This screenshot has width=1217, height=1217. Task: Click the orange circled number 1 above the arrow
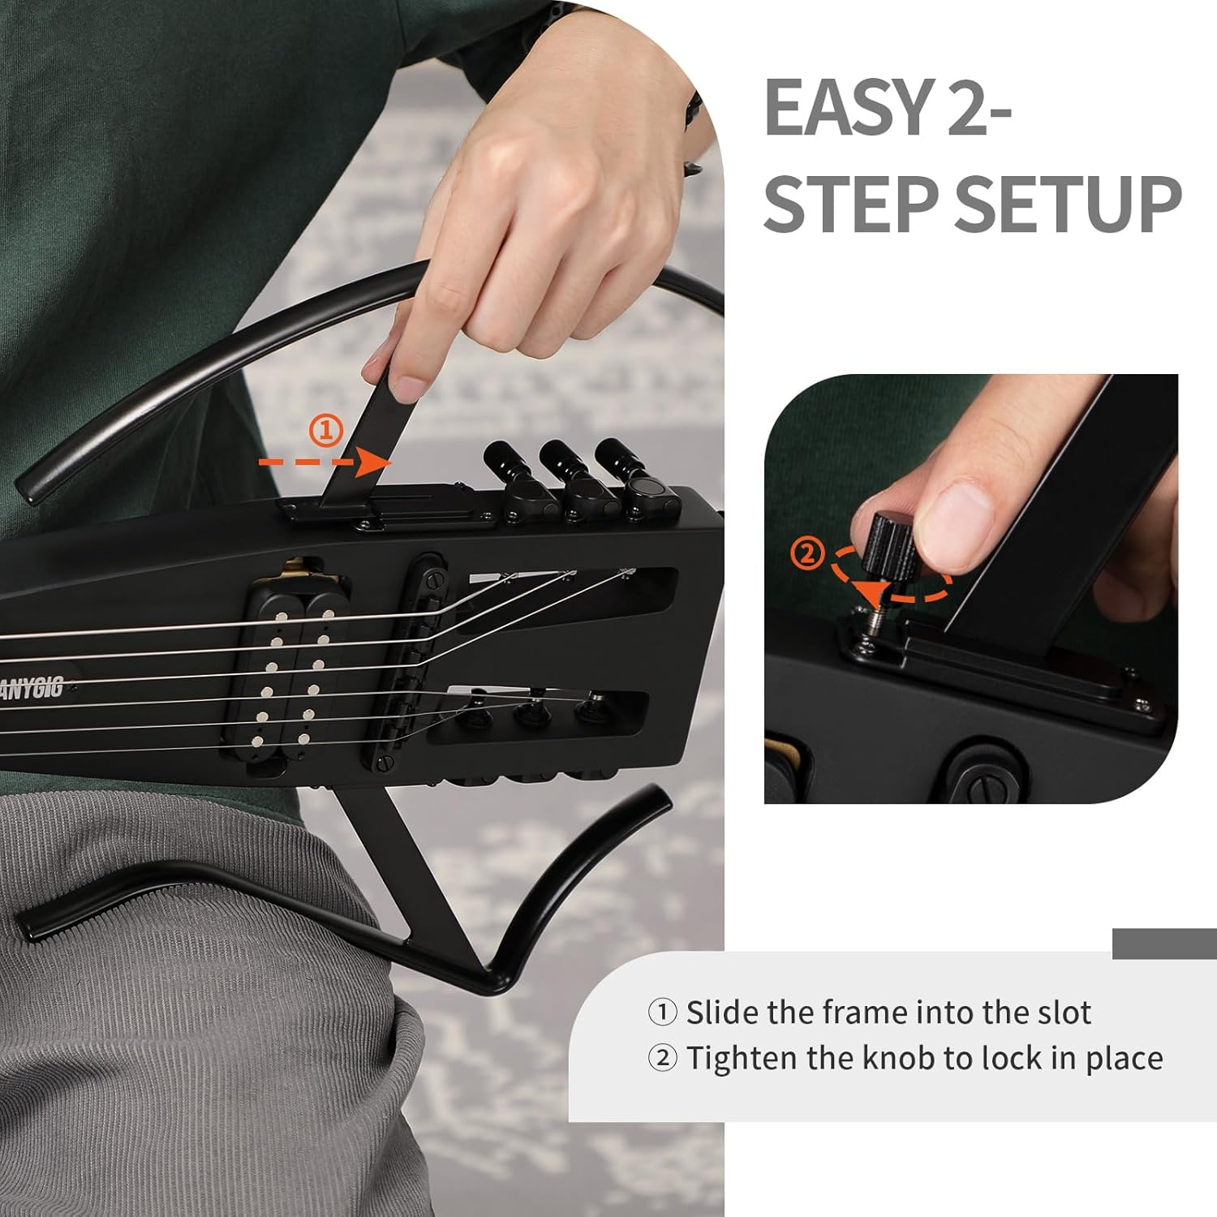327,431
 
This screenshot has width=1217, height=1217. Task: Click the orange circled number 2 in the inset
807,554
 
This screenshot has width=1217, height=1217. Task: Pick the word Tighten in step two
737,1058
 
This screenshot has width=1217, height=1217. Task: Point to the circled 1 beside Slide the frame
662,1013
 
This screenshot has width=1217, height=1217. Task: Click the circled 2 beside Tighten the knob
662,1058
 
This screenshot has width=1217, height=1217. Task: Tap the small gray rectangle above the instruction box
1164,943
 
